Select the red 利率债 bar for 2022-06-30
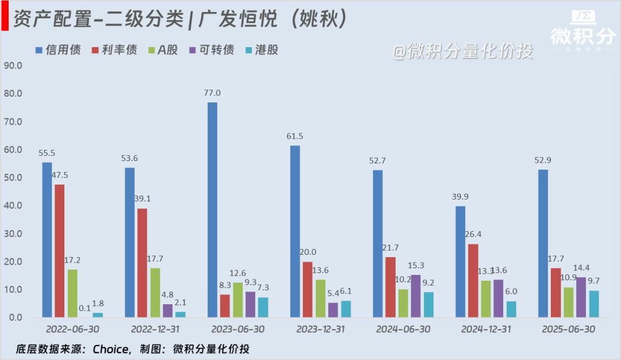(x=59, y=251)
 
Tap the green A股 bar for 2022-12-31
(x=155, y=293)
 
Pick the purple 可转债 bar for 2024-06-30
(x=416, y=296)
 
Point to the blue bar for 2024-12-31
(x=460, y=262)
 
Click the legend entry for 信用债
(x=57, y=50)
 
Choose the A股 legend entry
(x=163, y=50)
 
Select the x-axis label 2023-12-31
(x=320, y=330)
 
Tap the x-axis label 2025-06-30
(x=568, y=330)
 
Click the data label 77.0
(x=212, y=93)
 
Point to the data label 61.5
(x=295, y=136)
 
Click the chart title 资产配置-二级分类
(x=98, y=19)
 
